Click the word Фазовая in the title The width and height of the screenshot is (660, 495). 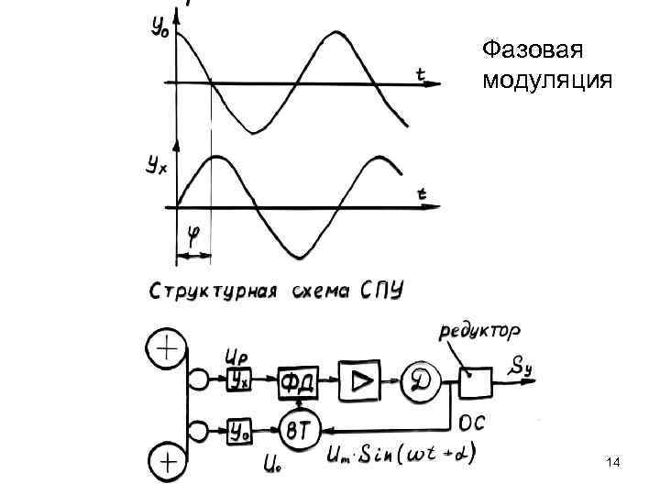pos(533,49)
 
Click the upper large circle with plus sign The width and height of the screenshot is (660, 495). pos(167,349)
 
